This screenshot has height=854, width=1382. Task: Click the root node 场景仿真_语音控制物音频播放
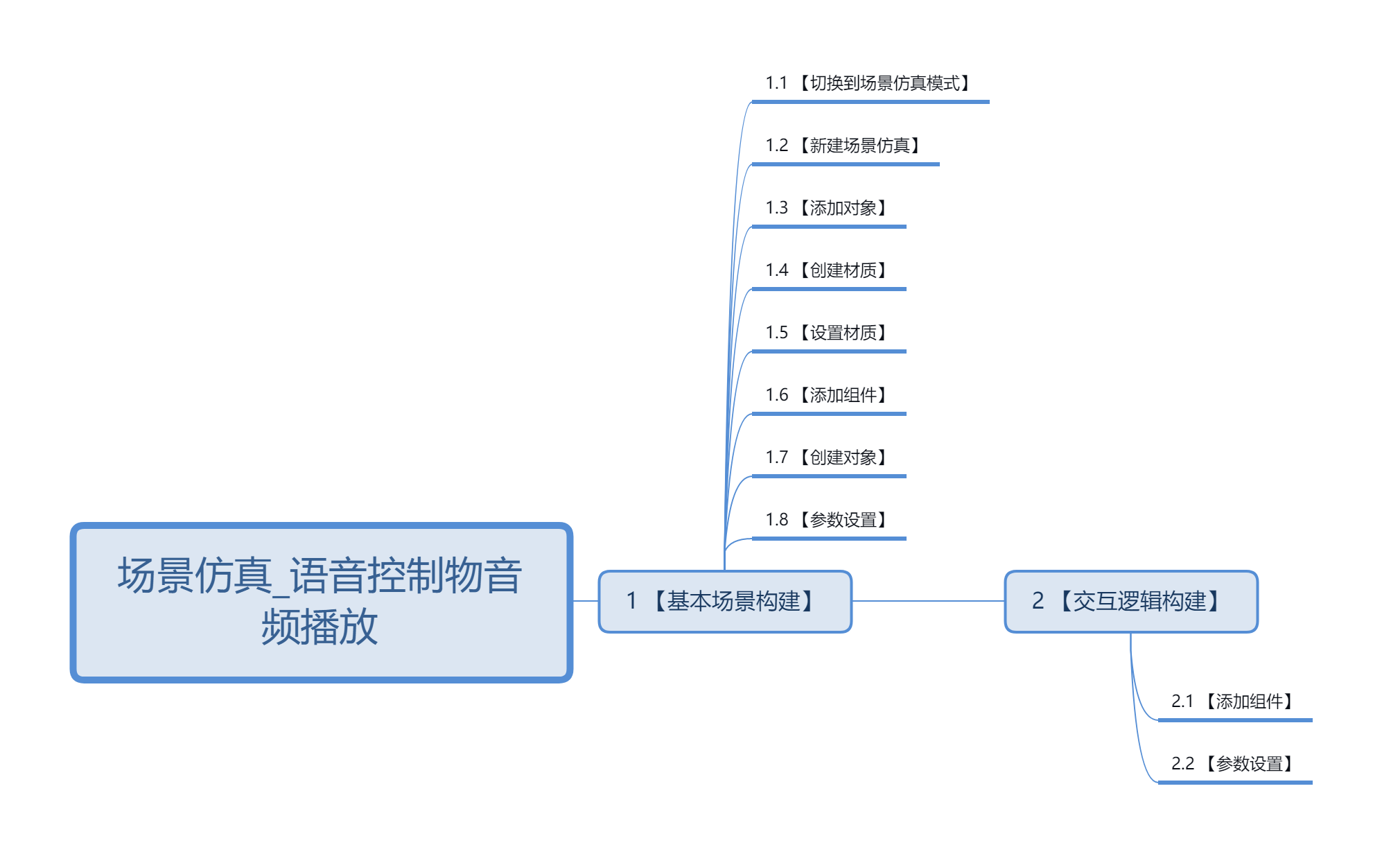(321, 602)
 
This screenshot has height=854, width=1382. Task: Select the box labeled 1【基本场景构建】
(725, 602)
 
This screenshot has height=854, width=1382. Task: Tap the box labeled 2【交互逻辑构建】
(1131, 602)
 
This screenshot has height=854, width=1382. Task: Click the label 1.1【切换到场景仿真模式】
(869, 83)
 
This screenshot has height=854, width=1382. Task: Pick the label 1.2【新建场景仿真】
(844, 146)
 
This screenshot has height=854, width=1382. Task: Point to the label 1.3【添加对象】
(828, 208)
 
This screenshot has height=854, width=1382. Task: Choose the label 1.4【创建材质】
(828, 270)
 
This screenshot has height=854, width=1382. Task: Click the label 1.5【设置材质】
(828, 333)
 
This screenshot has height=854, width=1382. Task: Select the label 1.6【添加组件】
(828, 395)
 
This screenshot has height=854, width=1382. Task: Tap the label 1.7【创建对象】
(828, 458)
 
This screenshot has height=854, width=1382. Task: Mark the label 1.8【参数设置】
(828, 520)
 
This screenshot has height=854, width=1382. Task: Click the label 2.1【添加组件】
(1234, 701)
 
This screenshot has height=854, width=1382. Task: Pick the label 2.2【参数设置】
(1234, 764)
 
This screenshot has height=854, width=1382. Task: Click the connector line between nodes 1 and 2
(929, 601)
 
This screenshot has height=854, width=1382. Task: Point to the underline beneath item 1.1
(871, 102)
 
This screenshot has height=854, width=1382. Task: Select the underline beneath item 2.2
(1235, 783)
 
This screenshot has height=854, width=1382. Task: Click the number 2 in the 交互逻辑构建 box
(1038, 601)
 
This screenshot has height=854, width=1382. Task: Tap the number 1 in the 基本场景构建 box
(631, 601)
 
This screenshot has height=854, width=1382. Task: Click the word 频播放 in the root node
(320, 627)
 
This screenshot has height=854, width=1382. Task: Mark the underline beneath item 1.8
(829, 539)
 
